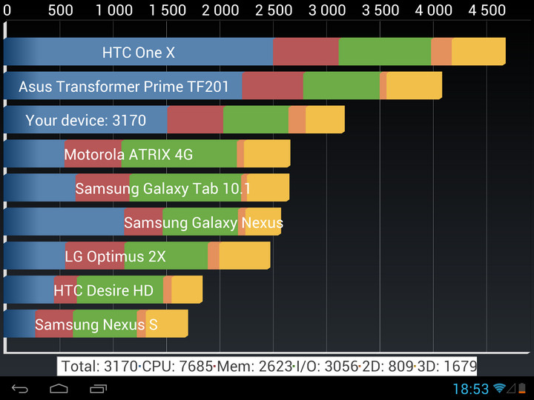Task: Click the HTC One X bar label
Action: pyautogui.click(x=139, y=53)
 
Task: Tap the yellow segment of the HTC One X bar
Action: pyautogui.click(x=478, y=52)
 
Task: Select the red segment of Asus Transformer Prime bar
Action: pyautogui.click(x=272, y=86)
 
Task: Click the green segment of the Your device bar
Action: pyautogui.click(x=255, y=120)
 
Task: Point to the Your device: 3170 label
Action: pyautogui.click(x=85, y=120)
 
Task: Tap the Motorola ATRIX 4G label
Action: pyautogui.click(x=128, y=154)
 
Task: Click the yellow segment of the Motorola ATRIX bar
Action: pyautogui.click(x=266, y=154)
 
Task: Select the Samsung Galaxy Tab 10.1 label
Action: pyautogui.click(x=162, y=188)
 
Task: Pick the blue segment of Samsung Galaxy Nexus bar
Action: pyautogui.click(x=63, y=222)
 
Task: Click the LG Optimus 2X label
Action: pyautogui.click(x=115, y=256)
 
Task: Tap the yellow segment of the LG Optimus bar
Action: pyautogui.click(x=244, y=256)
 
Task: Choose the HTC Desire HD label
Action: pyautogui.click(x=103, y=290)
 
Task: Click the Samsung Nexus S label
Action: pyautogui.click(x=96, y=324)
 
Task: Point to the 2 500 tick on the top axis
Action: pyautogui.click(x=274, y=10)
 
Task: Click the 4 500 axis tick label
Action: pyautogui.click(x=487, y=10)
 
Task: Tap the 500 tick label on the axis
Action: pyautogui.click(x=60, y=10)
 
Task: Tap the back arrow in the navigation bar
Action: pyautogui.click(x=20, y=389)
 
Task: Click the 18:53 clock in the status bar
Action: pyautogui.click(x=471, y=389)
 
